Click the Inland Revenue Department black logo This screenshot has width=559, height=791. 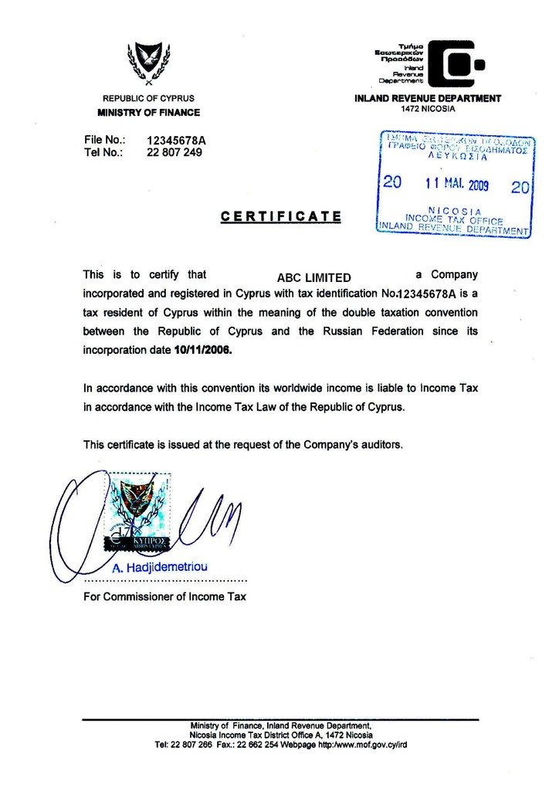(456, 63)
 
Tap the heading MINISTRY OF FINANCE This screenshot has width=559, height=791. (148, 113)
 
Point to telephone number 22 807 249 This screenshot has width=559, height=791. (174, 152)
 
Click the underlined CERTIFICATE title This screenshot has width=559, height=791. (281, 216)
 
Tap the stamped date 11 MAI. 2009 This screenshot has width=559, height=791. (456, 185)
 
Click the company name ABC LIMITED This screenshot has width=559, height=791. (313, 278)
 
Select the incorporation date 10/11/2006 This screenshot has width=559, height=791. (202, 349)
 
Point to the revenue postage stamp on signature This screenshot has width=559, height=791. (138, 512)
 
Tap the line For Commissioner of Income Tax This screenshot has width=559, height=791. (164, 596)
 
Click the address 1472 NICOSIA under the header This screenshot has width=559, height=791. (428, 109)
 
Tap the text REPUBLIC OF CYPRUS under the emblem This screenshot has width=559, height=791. (148, 99)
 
